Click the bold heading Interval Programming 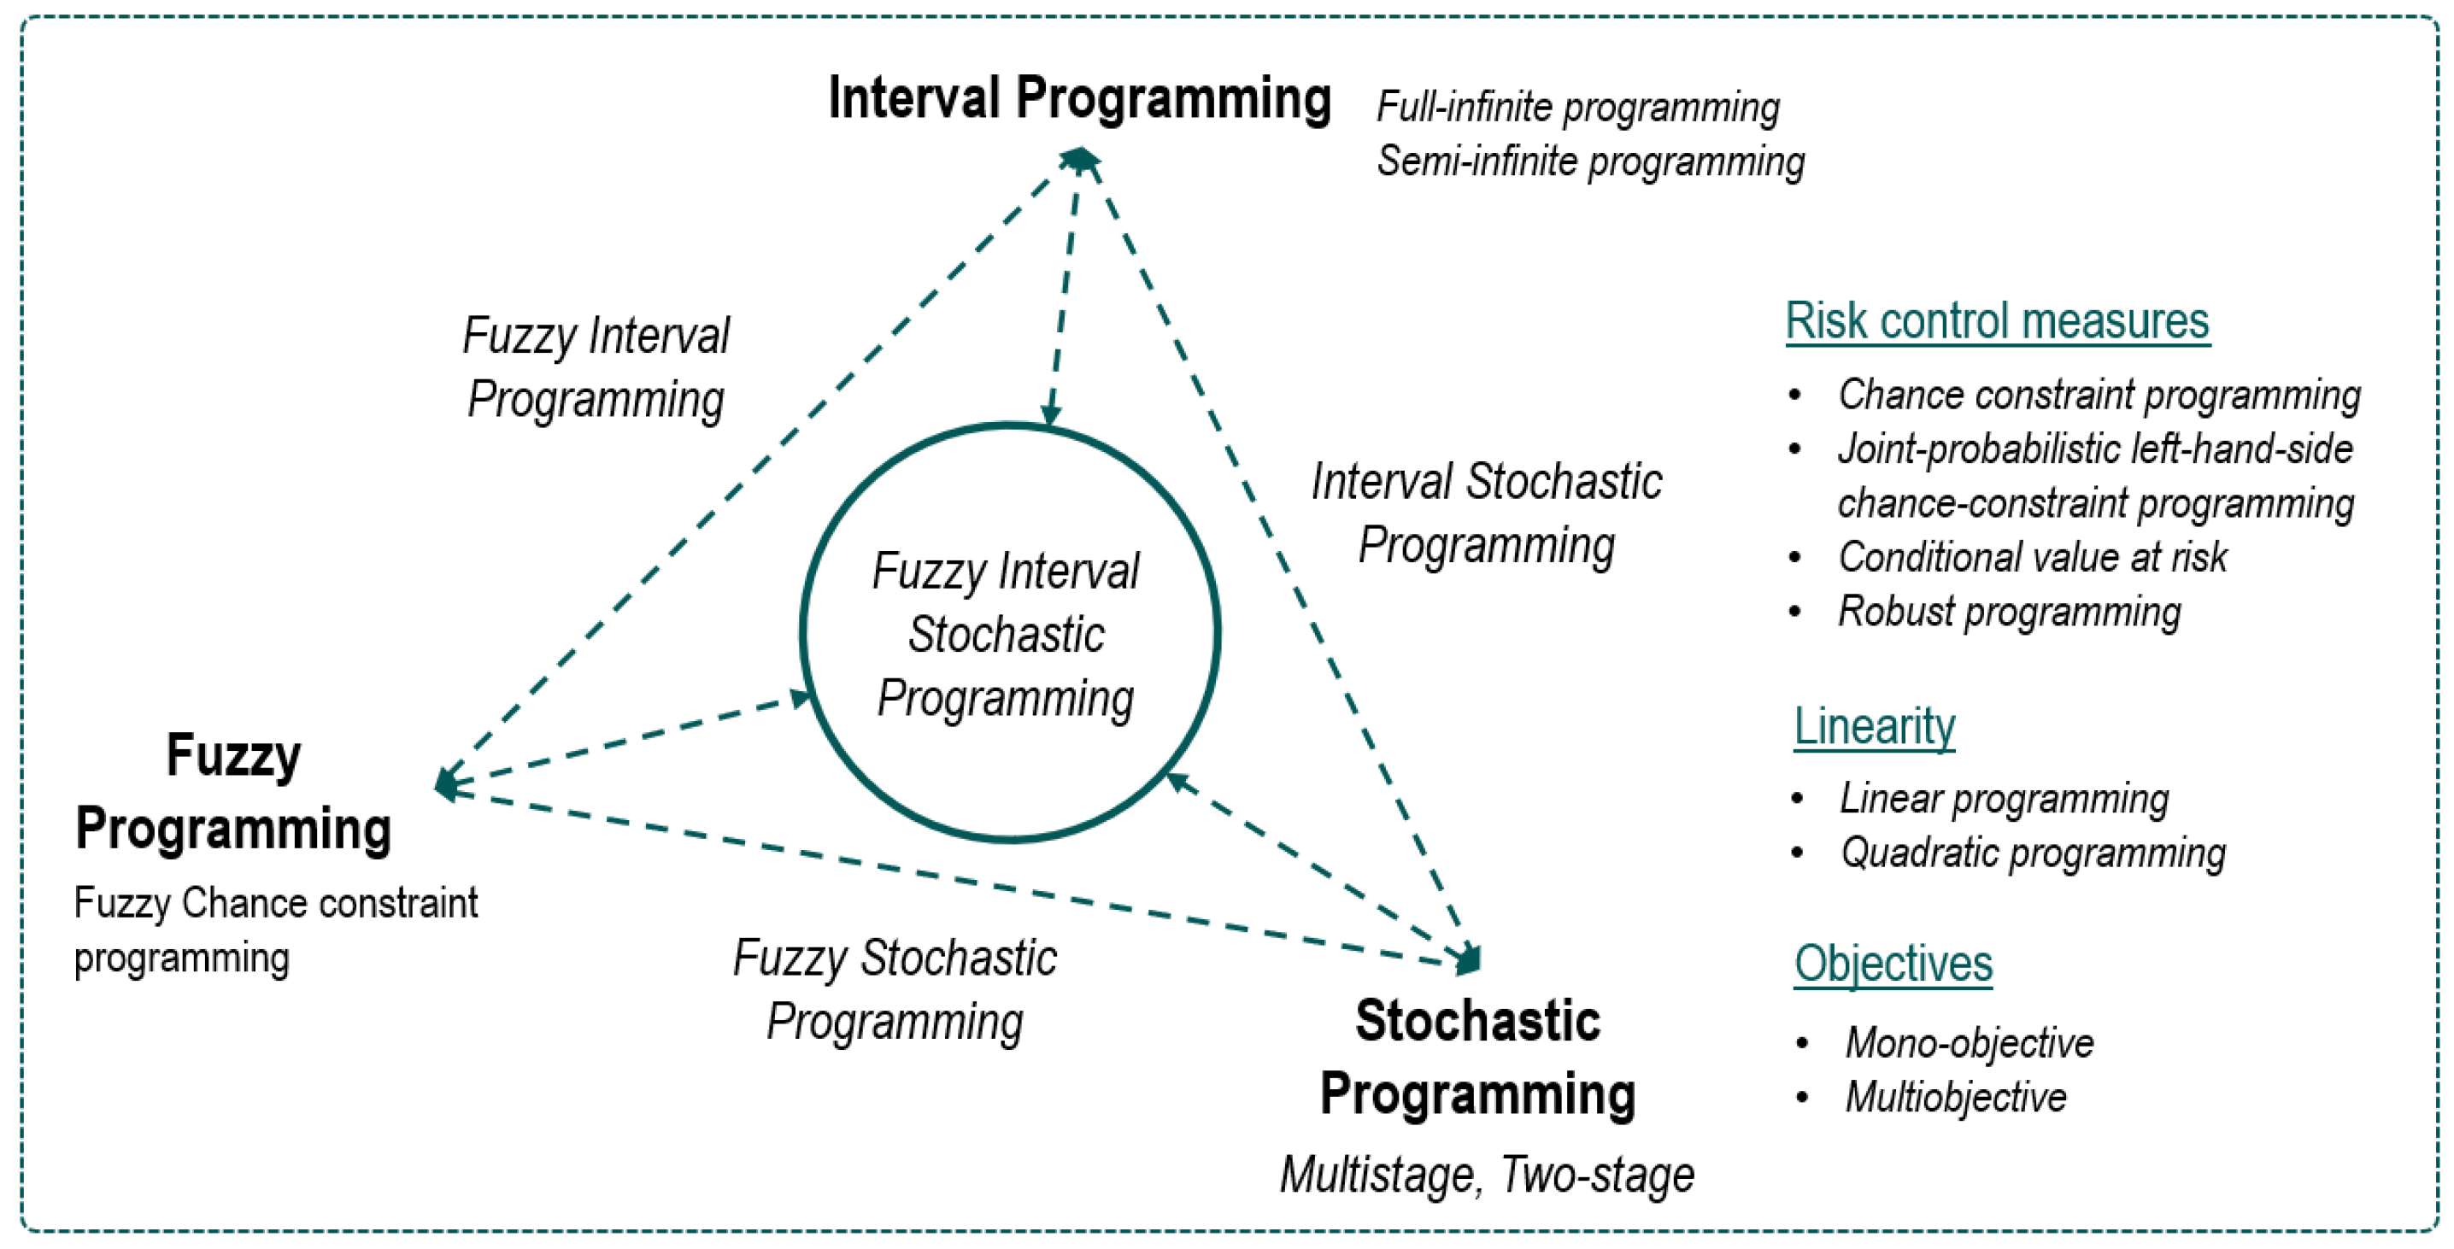1079,98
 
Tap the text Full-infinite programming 1577,107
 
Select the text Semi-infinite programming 1590,161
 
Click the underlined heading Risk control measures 1997,321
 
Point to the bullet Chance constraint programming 2099,395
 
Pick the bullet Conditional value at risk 2032,557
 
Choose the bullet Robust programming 2009,612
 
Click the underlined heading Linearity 1874,727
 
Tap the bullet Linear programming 2004,799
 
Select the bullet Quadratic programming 2033,853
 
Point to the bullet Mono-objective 1970,1043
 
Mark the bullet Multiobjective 1956,1098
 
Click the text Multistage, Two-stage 1486,1175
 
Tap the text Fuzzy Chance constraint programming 275,929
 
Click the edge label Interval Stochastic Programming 1486,513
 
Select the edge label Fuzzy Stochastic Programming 895,989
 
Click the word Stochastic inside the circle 1006,635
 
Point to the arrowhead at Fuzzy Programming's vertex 446,784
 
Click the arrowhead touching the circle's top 1051,416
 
